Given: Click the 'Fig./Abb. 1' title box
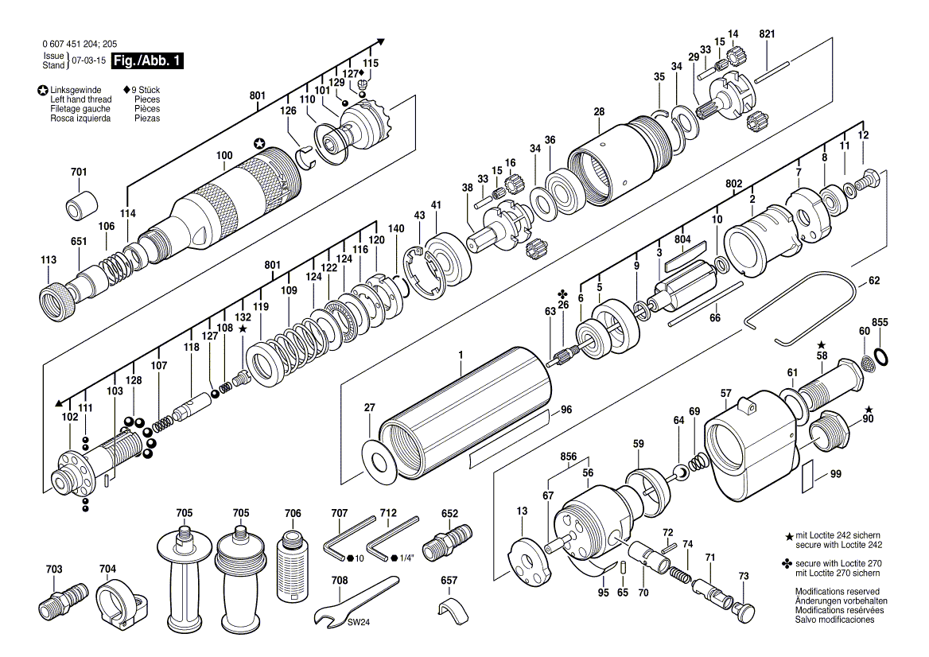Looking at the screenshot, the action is (x=147, y=60).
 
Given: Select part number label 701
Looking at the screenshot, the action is (x=79, y=172).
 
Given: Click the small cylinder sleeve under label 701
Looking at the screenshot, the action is (x=81, y=204).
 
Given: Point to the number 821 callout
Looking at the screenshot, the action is (x=767, y=34).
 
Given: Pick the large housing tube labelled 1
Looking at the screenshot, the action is (x=465, y=411).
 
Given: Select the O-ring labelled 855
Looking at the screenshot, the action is (x=881, y=356).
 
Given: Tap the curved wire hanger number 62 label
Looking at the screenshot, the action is (x=874, y=280).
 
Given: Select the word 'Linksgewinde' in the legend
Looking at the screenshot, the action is (x=76, y=91).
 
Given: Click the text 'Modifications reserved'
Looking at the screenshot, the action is (x=838, y=591).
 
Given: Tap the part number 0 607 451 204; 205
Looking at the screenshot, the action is (x=80, y=44).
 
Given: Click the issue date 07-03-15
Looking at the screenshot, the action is (x=89, y=60).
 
